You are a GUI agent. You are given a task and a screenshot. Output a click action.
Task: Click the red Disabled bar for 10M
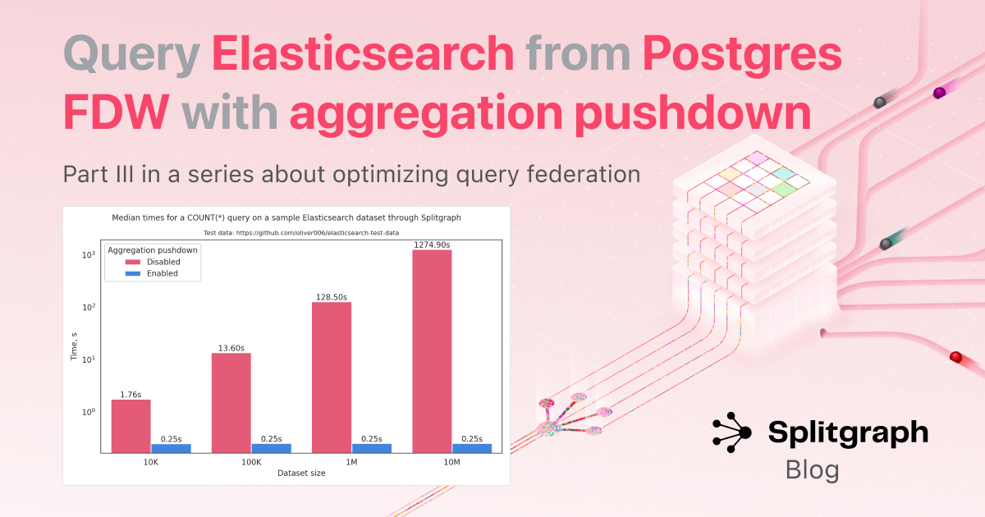432,351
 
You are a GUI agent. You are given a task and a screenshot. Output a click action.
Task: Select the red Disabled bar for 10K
131,426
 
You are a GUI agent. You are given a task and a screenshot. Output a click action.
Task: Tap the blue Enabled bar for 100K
272,448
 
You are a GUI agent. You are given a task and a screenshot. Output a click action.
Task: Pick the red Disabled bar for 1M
332,377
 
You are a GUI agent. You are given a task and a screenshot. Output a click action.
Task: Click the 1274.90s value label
432,245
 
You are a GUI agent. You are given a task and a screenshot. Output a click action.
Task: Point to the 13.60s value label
231,348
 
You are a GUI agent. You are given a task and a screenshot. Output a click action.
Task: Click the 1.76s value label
131,395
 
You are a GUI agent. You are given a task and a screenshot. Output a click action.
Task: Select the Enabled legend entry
152,273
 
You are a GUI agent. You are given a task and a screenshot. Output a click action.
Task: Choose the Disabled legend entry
153,262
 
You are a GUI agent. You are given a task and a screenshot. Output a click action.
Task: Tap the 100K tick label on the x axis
251,462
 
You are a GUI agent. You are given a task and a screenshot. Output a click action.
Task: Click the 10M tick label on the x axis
451,462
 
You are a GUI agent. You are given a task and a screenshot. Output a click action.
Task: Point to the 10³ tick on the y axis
89,255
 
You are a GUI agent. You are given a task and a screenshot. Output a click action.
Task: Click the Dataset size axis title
301,473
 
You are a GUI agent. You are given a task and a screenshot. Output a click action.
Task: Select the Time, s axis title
74,346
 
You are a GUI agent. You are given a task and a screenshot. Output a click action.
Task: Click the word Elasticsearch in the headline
363,53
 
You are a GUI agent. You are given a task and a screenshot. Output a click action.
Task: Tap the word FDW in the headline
117,112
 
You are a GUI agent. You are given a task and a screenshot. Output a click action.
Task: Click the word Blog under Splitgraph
812,470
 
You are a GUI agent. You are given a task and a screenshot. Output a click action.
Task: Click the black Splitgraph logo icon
732,432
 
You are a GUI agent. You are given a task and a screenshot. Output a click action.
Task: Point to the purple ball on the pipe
939,93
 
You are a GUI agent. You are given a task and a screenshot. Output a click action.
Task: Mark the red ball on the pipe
955,357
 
